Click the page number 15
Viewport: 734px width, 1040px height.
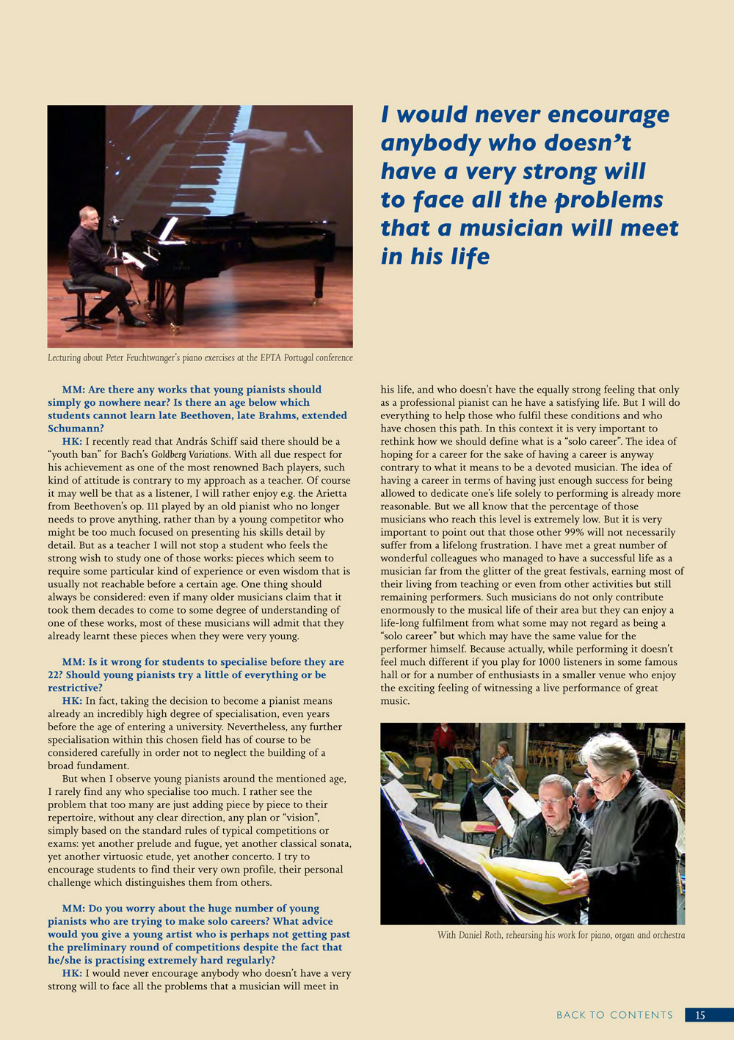click(700, 1015)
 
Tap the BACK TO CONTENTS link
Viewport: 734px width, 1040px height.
click(614, 1015)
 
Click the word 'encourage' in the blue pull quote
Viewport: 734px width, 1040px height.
click(608, 114)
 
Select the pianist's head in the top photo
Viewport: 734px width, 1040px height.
click(88, 217)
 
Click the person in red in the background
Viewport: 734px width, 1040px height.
click(443, 741)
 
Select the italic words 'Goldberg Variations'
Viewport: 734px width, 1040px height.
click(196, 455)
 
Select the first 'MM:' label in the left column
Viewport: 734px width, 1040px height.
click(73, 390)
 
